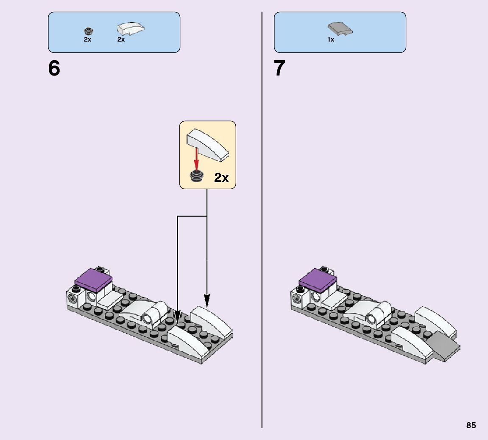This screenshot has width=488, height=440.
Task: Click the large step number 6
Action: click(54, 69)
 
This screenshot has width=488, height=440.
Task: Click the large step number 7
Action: click(279, 69)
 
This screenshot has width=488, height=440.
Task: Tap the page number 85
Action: click(471, 425)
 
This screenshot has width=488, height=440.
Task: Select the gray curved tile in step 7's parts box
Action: click(340, 29)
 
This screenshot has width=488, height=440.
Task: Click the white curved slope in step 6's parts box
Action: click(130, 28)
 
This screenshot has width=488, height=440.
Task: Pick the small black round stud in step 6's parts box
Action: click(88, 31)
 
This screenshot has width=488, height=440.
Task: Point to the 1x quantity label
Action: click(331, 39)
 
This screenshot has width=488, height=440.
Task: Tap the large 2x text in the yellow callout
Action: click(221, 177)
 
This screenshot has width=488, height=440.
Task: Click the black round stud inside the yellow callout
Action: click(196, 176)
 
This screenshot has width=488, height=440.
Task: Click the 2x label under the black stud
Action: click(87, 39)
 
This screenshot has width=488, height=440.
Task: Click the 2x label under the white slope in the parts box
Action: click(121, 39)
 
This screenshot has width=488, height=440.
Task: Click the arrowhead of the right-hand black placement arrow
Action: click(207, 302)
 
